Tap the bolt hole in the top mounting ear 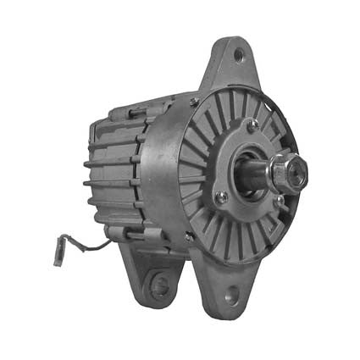pos(238,57)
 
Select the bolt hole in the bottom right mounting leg pos(228,296)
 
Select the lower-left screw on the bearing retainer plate pos(221,197)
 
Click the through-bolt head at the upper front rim pos(194,102)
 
